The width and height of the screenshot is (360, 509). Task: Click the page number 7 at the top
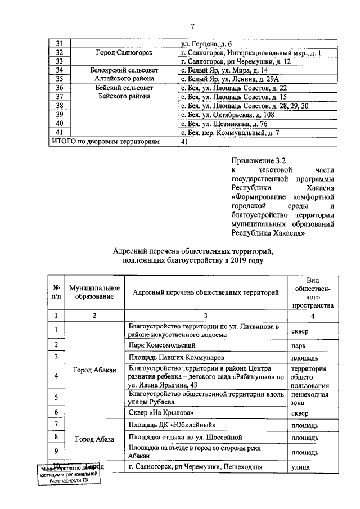click(192, 26)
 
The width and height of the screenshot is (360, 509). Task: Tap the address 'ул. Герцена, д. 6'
click(208, 44)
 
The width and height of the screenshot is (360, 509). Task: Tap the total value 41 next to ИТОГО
click(183, 142)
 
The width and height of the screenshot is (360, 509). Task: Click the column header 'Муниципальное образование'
click(94, 292)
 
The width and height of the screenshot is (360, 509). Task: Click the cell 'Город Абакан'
click(94, 370)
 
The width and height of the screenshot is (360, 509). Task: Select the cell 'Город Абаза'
click(94, 438)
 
